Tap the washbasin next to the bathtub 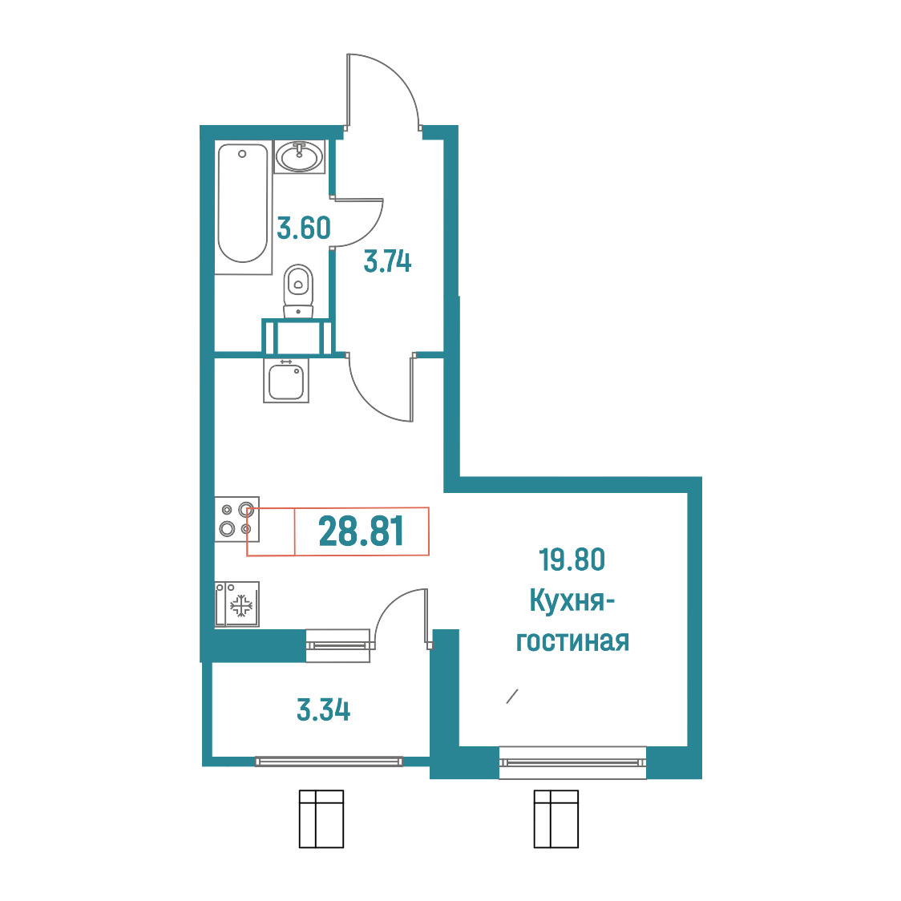299,156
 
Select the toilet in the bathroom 298,291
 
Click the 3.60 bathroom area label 303,228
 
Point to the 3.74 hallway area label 388,261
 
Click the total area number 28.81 362,531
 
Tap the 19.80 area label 572,560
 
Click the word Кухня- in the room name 572,602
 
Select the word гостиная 572,641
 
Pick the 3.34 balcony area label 324,709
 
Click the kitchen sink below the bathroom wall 286,380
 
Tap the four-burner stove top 236,519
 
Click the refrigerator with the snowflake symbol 236,604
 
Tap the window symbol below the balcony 321,818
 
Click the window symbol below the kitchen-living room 556,818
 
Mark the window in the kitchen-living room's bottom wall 573,762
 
